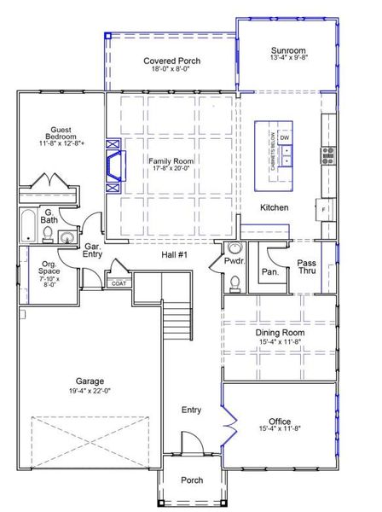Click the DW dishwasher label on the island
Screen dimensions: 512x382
pos(285,138)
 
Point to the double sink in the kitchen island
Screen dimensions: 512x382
pos(285,155)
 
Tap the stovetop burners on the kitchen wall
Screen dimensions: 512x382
pos(327,154)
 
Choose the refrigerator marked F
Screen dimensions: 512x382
pos(325,207)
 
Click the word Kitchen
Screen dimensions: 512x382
pos(274,207)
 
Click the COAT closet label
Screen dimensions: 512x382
pos(119,283)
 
